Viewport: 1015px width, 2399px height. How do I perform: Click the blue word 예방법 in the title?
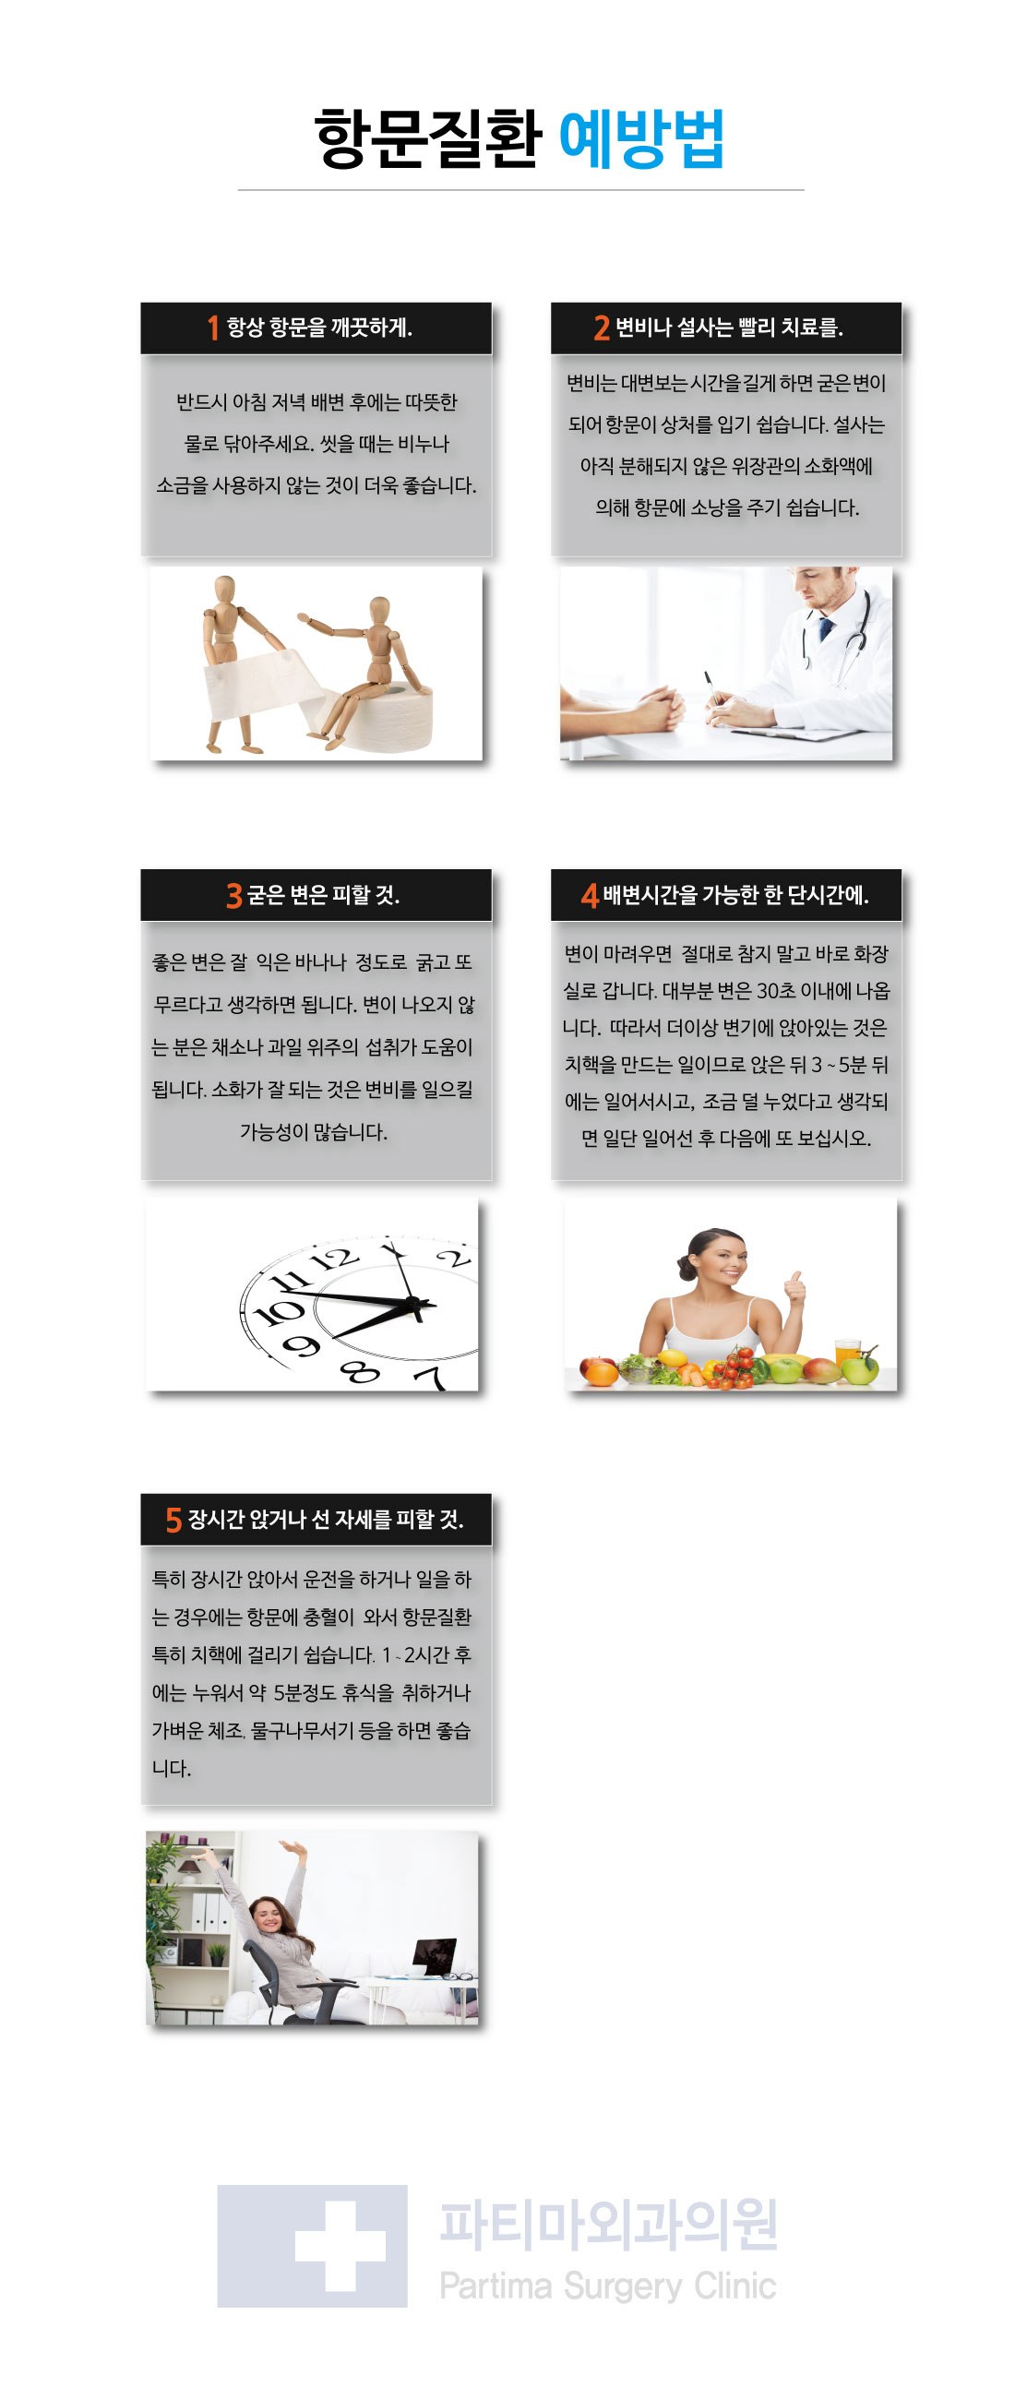click(641, 138)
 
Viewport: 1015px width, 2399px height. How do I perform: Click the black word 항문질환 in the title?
click(428, 138)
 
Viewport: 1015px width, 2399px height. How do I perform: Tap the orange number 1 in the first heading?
click(213, 328)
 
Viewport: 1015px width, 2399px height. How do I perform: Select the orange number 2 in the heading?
click(602, 328)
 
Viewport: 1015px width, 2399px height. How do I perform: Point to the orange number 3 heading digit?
click(233, 896)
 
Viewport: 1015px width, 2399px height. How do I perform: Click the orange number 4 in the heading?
click(590, 896)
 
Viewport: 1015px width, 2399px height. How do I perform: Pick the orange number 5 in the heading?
click(173, 1521)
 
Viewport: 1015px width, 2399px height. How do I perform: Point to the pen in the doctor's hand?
click(711, 689)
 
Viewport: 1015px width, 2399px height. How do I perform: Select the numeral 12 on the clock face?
click(332, 1260)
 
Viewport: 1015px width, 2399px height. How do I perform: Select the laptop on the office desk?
click(434, 1960)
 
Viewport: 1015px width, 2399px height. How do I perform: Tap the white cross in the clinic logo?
click(340, 2245)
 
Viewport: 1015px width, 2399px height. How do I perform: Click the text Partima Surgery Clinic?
click(608, 2286)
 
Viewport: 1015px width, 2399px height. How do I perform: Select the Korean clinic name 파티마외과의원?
click(609, 2226)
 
